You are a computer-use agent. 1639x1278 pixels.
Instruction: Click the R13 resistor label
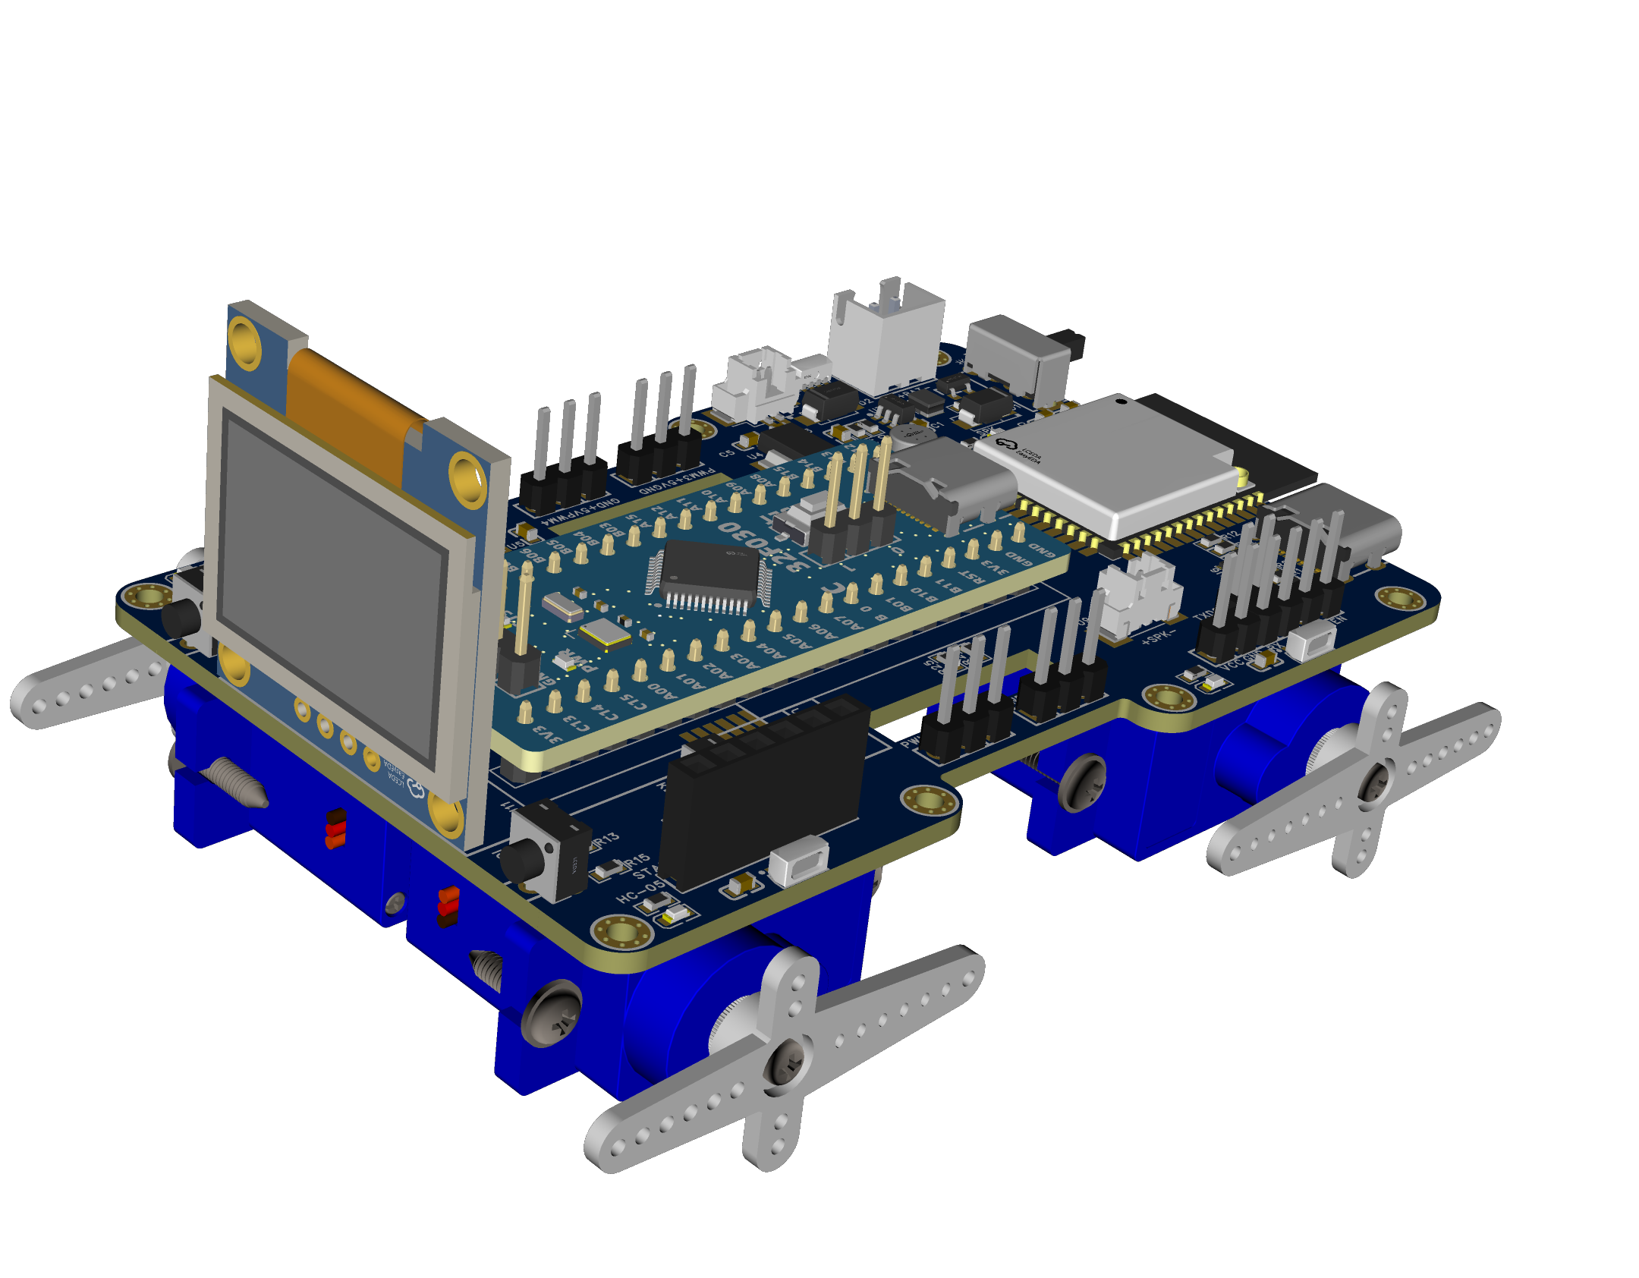point(606,839)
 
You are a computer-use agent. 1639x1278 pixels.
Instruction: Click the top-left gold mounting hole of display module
point(244,342)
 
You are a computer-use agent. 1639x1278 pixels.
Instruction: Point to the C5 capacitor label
point(727,453)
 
